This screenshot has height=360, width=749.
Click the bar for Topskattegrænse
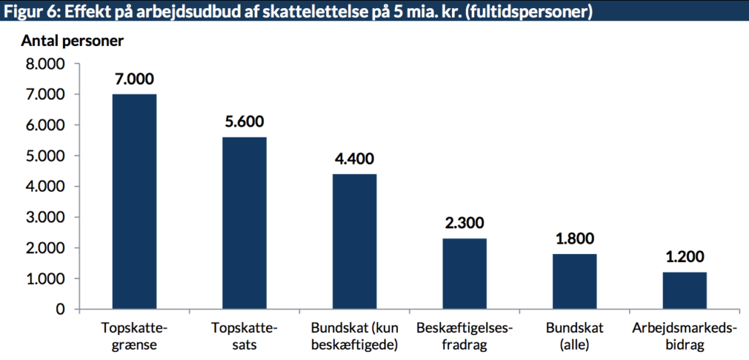coord(134,201)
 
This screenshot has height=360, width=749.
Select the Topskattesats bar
coord(244,223)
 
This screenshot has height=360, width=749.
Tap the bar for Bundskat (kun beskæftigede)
coord(354,241)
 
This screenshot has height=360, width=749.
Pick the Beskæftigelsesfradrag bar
coord(464,274)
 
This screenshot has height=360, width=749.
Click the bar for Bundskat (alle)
coord(574,282)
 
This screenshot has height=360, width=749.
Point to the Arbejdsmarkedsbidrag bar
coord(685,290)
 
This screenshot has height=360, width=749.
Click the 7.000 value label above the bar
coord(134,79)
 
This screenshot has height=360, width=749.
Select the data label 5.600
coord(244,122)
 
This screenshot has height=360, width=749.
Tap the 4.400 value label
coord(354,159)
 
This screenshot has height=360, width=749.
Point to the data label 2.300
coord(464,223)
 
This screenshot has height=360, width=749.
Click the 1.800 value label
coord(574,239)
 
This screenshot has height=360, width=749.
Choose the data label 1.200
coord(685,257)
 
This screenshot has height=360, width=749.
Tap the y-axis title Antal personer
coord(72,41)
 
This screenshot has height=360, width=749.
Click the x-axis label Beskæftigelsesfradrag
coord(464,336)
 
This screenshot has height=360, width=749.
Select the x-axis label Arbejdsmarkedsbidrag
coord(685,336)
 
